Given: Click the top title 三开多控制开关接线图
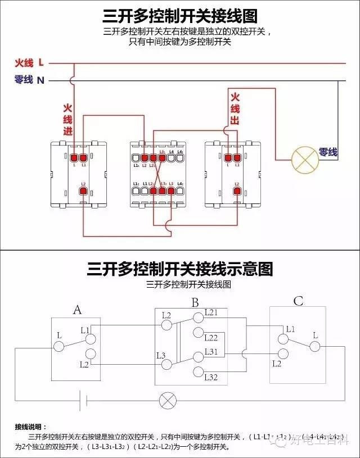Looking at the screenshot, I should [x=180, y=15].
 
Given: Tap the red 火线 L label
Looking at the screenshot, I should [x=29, y=63].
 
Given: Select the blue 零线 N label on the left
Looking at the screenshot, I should [x=29, y=80].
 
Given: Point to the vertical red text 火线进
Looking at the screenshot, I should [x=67, y=119].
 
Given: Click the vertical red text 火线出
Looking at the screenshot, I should [x=235, y=108].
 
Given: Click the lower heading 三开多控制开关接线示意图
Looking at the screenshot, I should [x=180, y=269].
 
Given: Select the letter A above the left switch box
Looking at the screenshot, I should [x=78, y=309].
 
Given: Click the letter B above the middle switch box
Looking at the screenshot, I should [x=195, y=303].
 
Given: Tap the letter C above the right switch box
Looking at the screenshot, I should [x=298, y=302].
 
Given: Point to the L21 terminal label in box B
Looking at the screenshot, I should [x=211, y=312].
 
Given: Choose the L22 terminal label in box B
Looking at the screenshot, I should [x=211, y=338].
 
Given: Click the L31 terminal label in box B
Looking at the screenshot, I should [x=211, y=351].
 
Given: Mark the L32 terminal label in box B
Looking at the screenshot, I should [x=211, y=377].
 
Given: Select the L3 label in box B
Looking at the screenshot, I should [x=161, y=355].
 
